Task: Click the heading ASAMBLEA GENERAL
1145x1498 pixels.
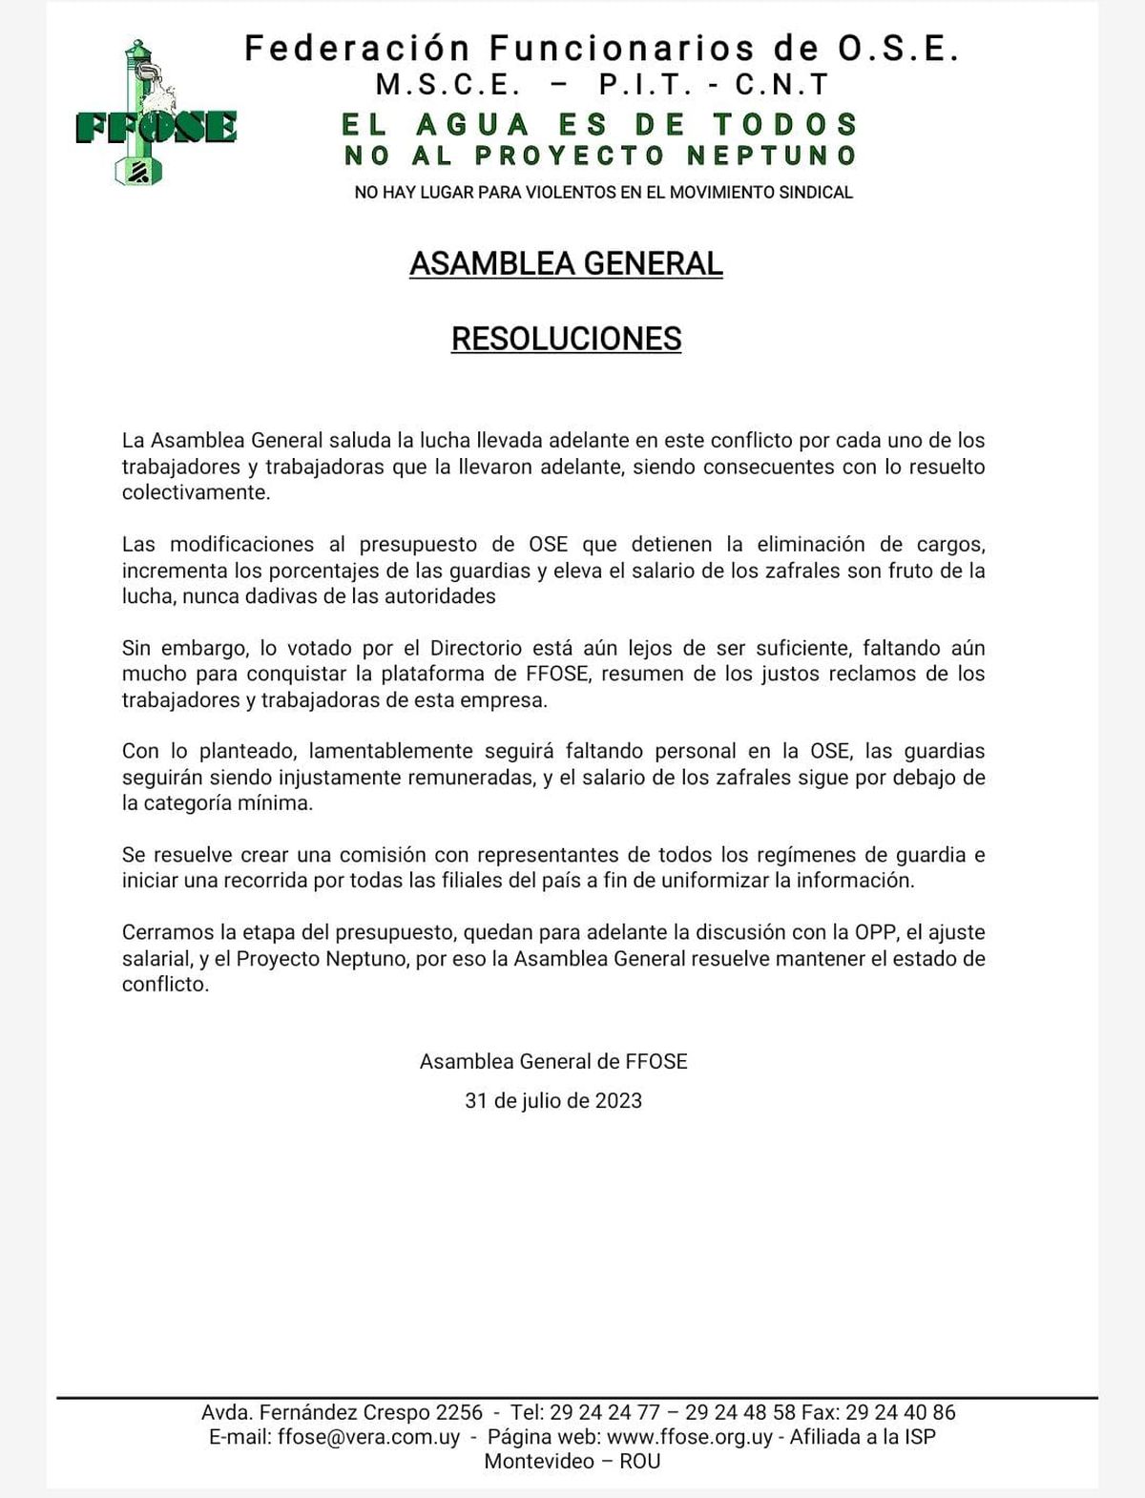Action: click(x=566, y=263)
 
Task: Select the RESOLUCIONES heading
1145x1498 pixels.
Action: click(x=566, y=339)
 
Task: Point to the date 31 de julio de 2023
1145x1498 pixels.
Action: click(x=553, y=1100)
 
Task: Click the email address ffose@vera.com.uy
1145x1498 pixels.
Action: click(x=368, y=1437)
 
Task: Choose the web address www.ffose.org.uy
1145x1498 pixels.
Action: click(x=690, y=1437)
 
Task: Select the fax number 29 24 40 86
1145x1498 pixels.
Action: click(x=901, y=1412)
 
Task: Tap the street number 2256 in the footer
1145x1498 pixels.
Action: click(x=459, y=1412)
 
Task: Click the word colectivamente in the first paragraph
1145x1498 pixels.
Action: click(x=196, y=492)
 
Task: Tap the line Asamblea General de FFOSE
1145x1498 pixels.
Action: click(x=553, y=1061)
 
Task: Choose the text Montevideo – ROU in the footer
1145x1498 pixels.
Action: click(x=572, y=1461)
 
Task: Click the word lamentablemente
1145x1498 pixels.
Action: click(x=391, y=751)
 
